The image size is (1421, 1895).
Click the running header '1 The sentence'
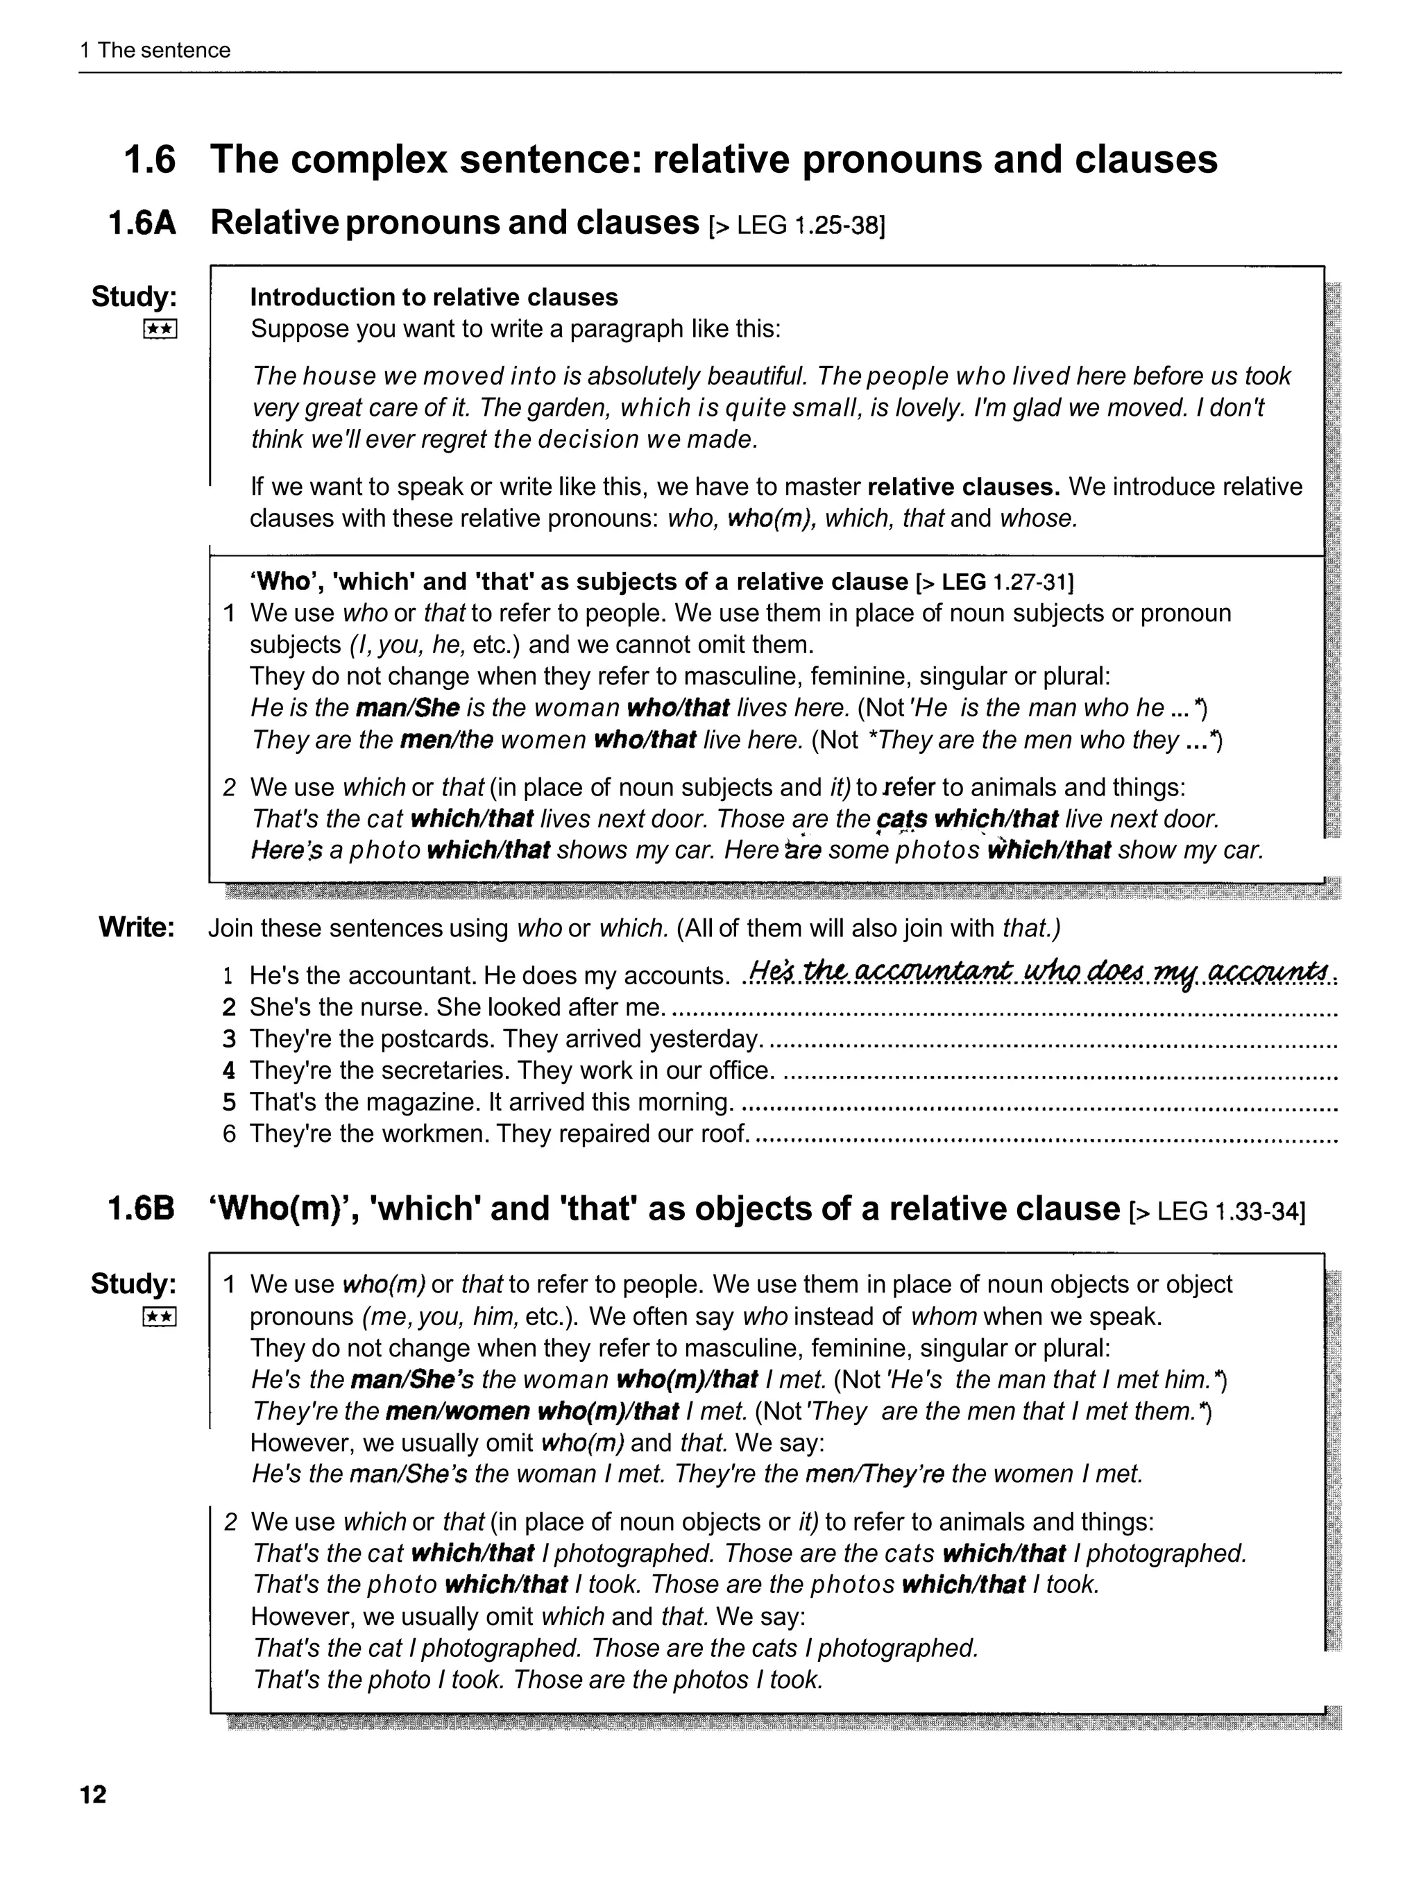[155, 50]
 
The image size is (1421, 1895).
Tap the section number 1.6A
[142, 223]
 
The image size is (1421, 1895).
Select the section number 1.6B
[142, 1208]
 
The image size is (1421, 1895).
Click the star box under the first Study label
[160, 329]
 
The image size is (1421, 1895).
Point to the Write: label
[137, 927]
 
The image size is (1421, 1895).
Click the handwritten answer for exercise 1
[1038, 972]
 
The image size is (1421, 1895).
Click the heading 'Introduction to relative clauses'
[434, 297]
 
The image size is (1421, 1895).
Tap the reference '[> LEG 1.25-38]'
[797, 226]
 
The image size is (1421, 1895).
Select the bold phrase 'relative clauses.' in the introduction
[964, 487]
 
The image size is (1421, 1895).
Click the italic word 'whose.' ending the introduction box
[1038, 519]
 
